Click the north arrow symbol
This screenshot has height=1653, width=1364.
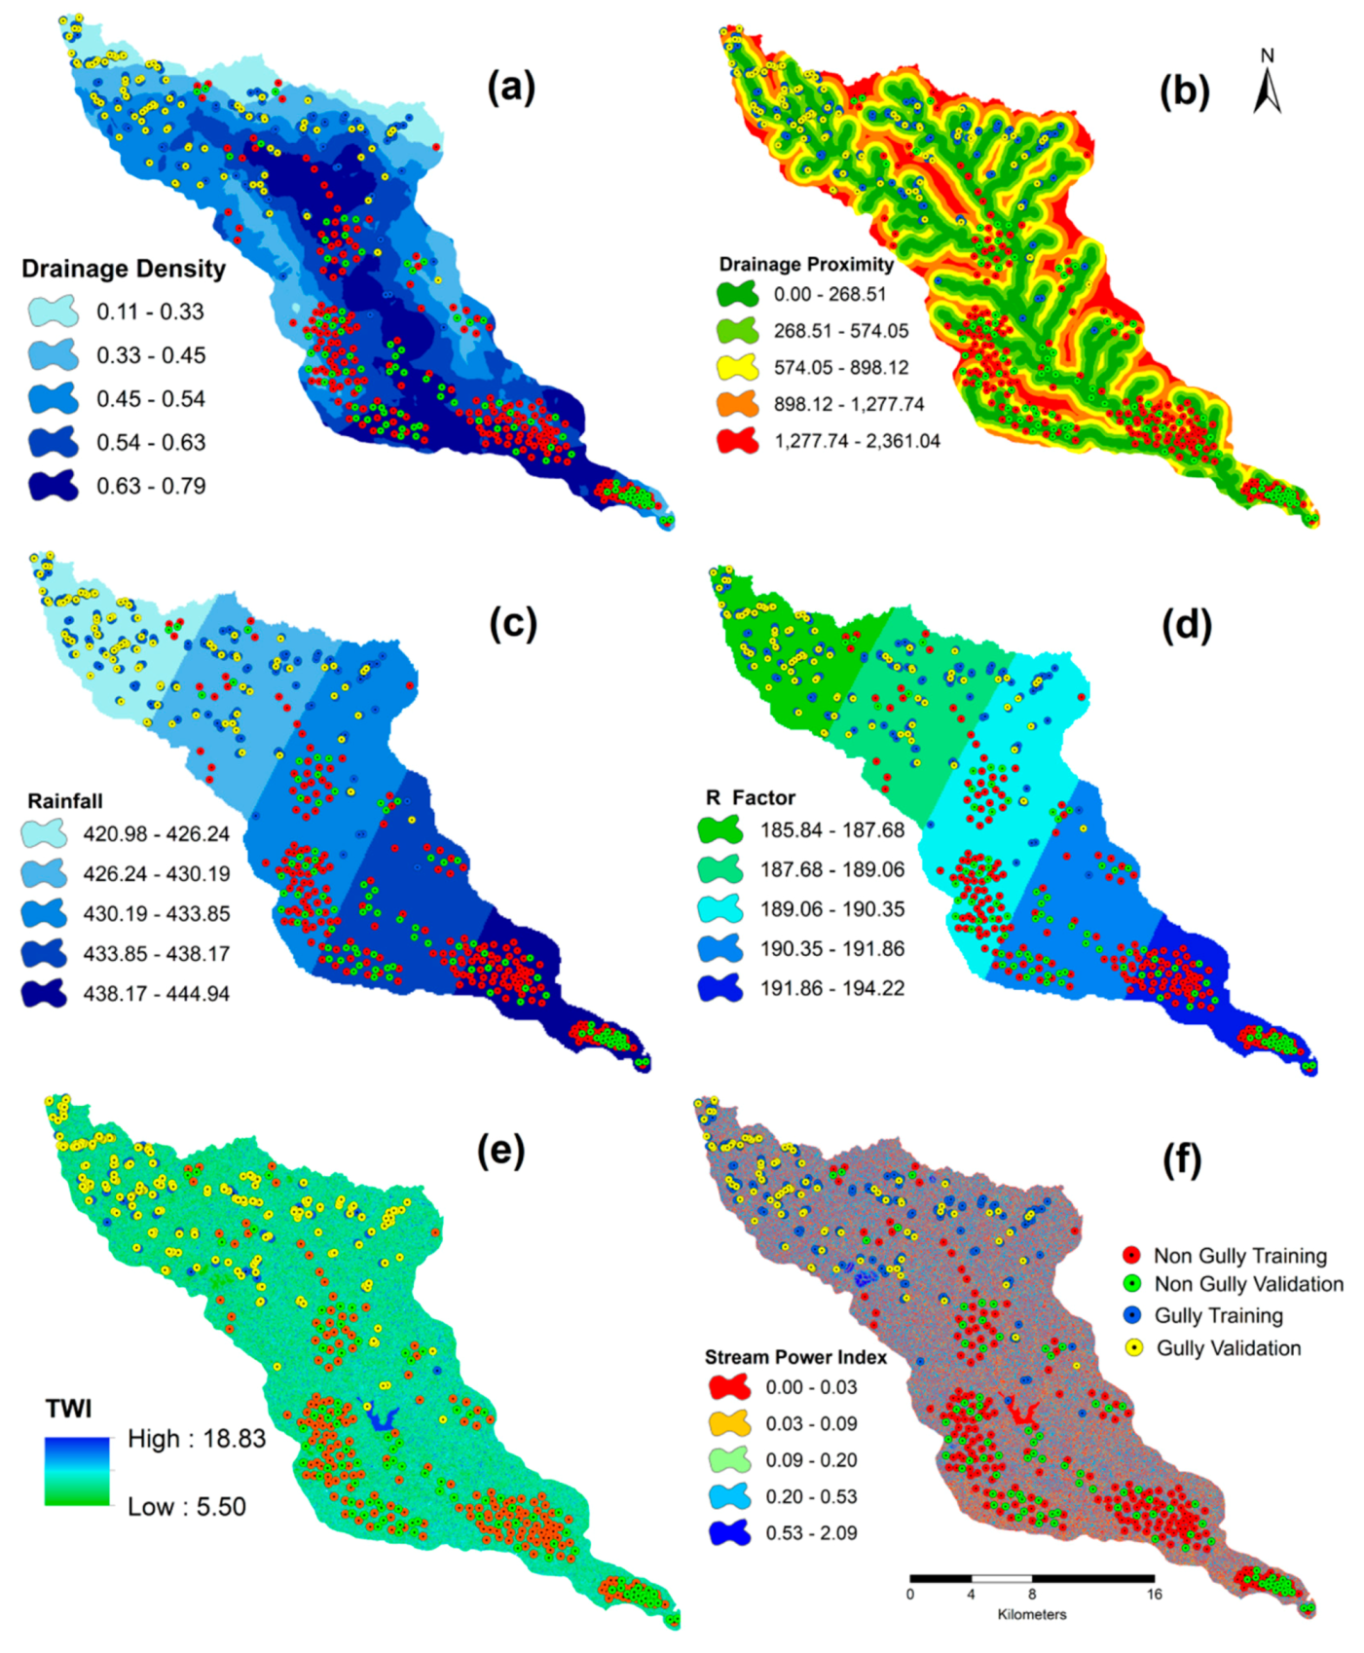(1267, 85)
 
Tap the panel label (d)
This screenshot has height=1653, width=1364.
(1186, 624)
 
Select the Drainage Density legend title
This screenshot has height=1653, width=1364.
(124, 269)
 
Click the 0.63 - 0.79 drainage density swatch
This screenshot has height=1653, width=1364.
(54, 485)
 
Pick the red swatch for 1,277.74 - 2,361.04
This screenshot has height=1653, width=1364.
(738, 440)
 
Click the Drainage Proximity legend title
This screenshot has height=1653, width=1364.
(806, 264)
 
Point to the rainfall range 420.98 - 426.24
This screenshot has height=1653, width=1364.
(156, 834)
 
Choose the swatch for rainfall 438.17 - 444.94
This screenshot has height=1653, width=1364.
(44, 993)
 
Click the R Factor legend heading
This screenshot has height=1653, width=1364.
(751, 797)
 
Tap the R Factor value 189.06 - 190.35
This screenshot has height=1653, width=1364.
(832, 909)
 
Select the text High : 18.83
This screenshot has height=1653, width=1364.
(197, 1439)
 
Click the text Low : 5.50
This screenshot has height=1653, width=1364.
(187, 1507)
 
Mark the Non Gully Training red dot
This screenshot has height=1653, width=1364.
(1131, 1255)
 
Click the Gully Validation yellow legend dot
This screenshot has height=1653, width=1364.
(1133, 1348)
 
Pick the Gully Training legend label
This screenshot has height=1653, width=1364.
(1218, 1316)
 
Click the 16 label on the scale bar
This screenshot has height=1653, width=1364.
(1154, 1595)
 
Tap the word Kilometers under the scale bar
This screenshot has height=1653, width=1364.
(1032, 1614)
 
